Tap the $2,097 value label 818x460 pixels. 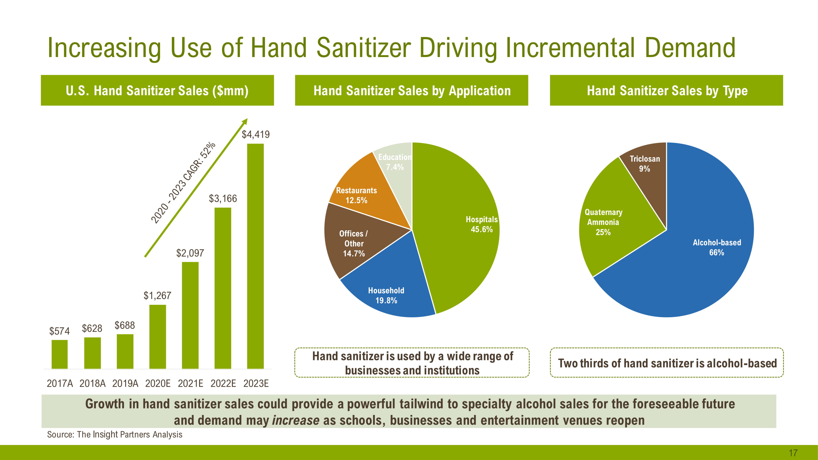point(190,253)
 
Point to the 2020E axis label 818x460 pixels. point(158,384)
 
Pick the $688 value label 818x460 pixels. point(125,325)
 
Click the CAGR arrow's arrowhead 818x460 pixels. point(245,121)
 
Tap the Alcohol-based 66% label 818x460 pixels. point(717,247)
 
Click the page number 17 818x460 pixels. point(793,453)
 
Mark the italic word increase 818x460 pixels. point(296,420)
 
